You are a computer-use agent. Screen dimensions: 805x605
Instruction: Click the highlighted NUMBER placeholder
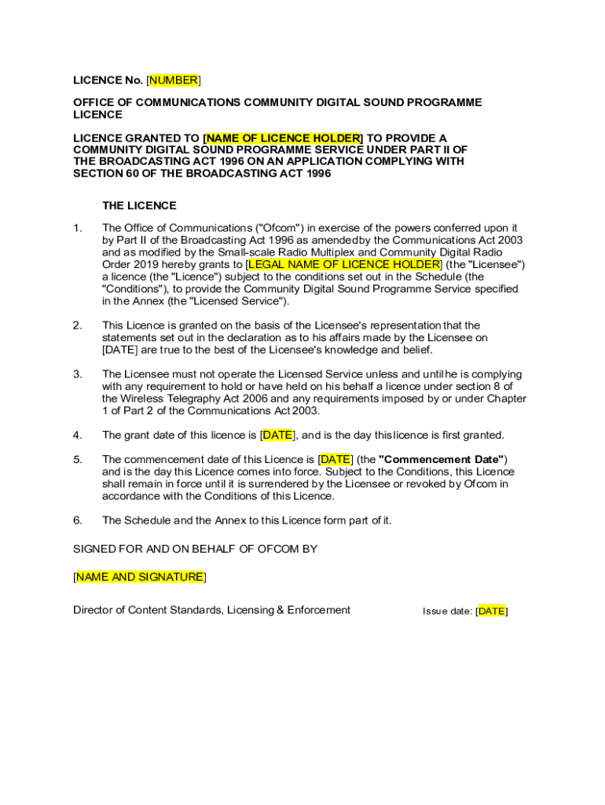tap(174, 80)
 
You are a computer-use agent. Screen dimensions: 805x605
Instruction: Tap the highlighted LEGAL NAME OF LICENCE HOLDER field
tap(343, 264)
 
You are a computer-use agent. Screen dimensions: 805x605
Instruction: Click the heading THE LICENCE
tap(139, 205)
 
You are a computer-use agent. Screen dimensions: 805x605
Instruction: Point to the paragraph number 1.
tap(77, 228)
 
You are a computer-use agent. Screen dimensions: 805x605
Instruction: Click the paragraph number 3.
tap(77, 374)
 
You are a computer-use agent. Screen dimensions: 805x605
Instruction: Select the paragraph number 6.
tap(77, 520)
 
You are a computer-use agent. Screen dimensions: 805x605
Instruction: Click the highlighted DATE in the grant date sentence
tap(277, 436)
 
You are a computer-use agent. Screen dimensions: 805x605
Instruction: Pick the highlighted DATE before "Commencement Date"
tap(335, 459)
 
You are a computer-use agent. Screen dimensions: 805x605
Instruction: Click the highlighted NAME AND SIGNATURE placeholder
tap(139, 577)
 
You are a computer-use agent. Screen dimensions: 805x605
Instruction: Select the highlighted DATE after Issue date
tap(492, 611)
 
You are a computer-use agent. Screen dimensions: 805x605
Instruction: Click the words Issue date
tap(447, 611)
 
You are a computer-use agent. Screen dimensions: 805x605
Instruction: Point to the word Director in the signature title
tap(93, 610)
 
